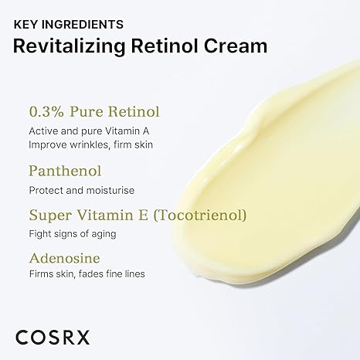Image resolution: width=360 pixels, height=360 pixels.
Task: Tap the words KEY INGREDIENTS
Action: (x=69, y=24)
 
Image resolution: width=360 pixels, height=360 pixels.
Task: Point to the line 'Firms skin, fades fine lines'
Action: (x=87, y=274)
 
